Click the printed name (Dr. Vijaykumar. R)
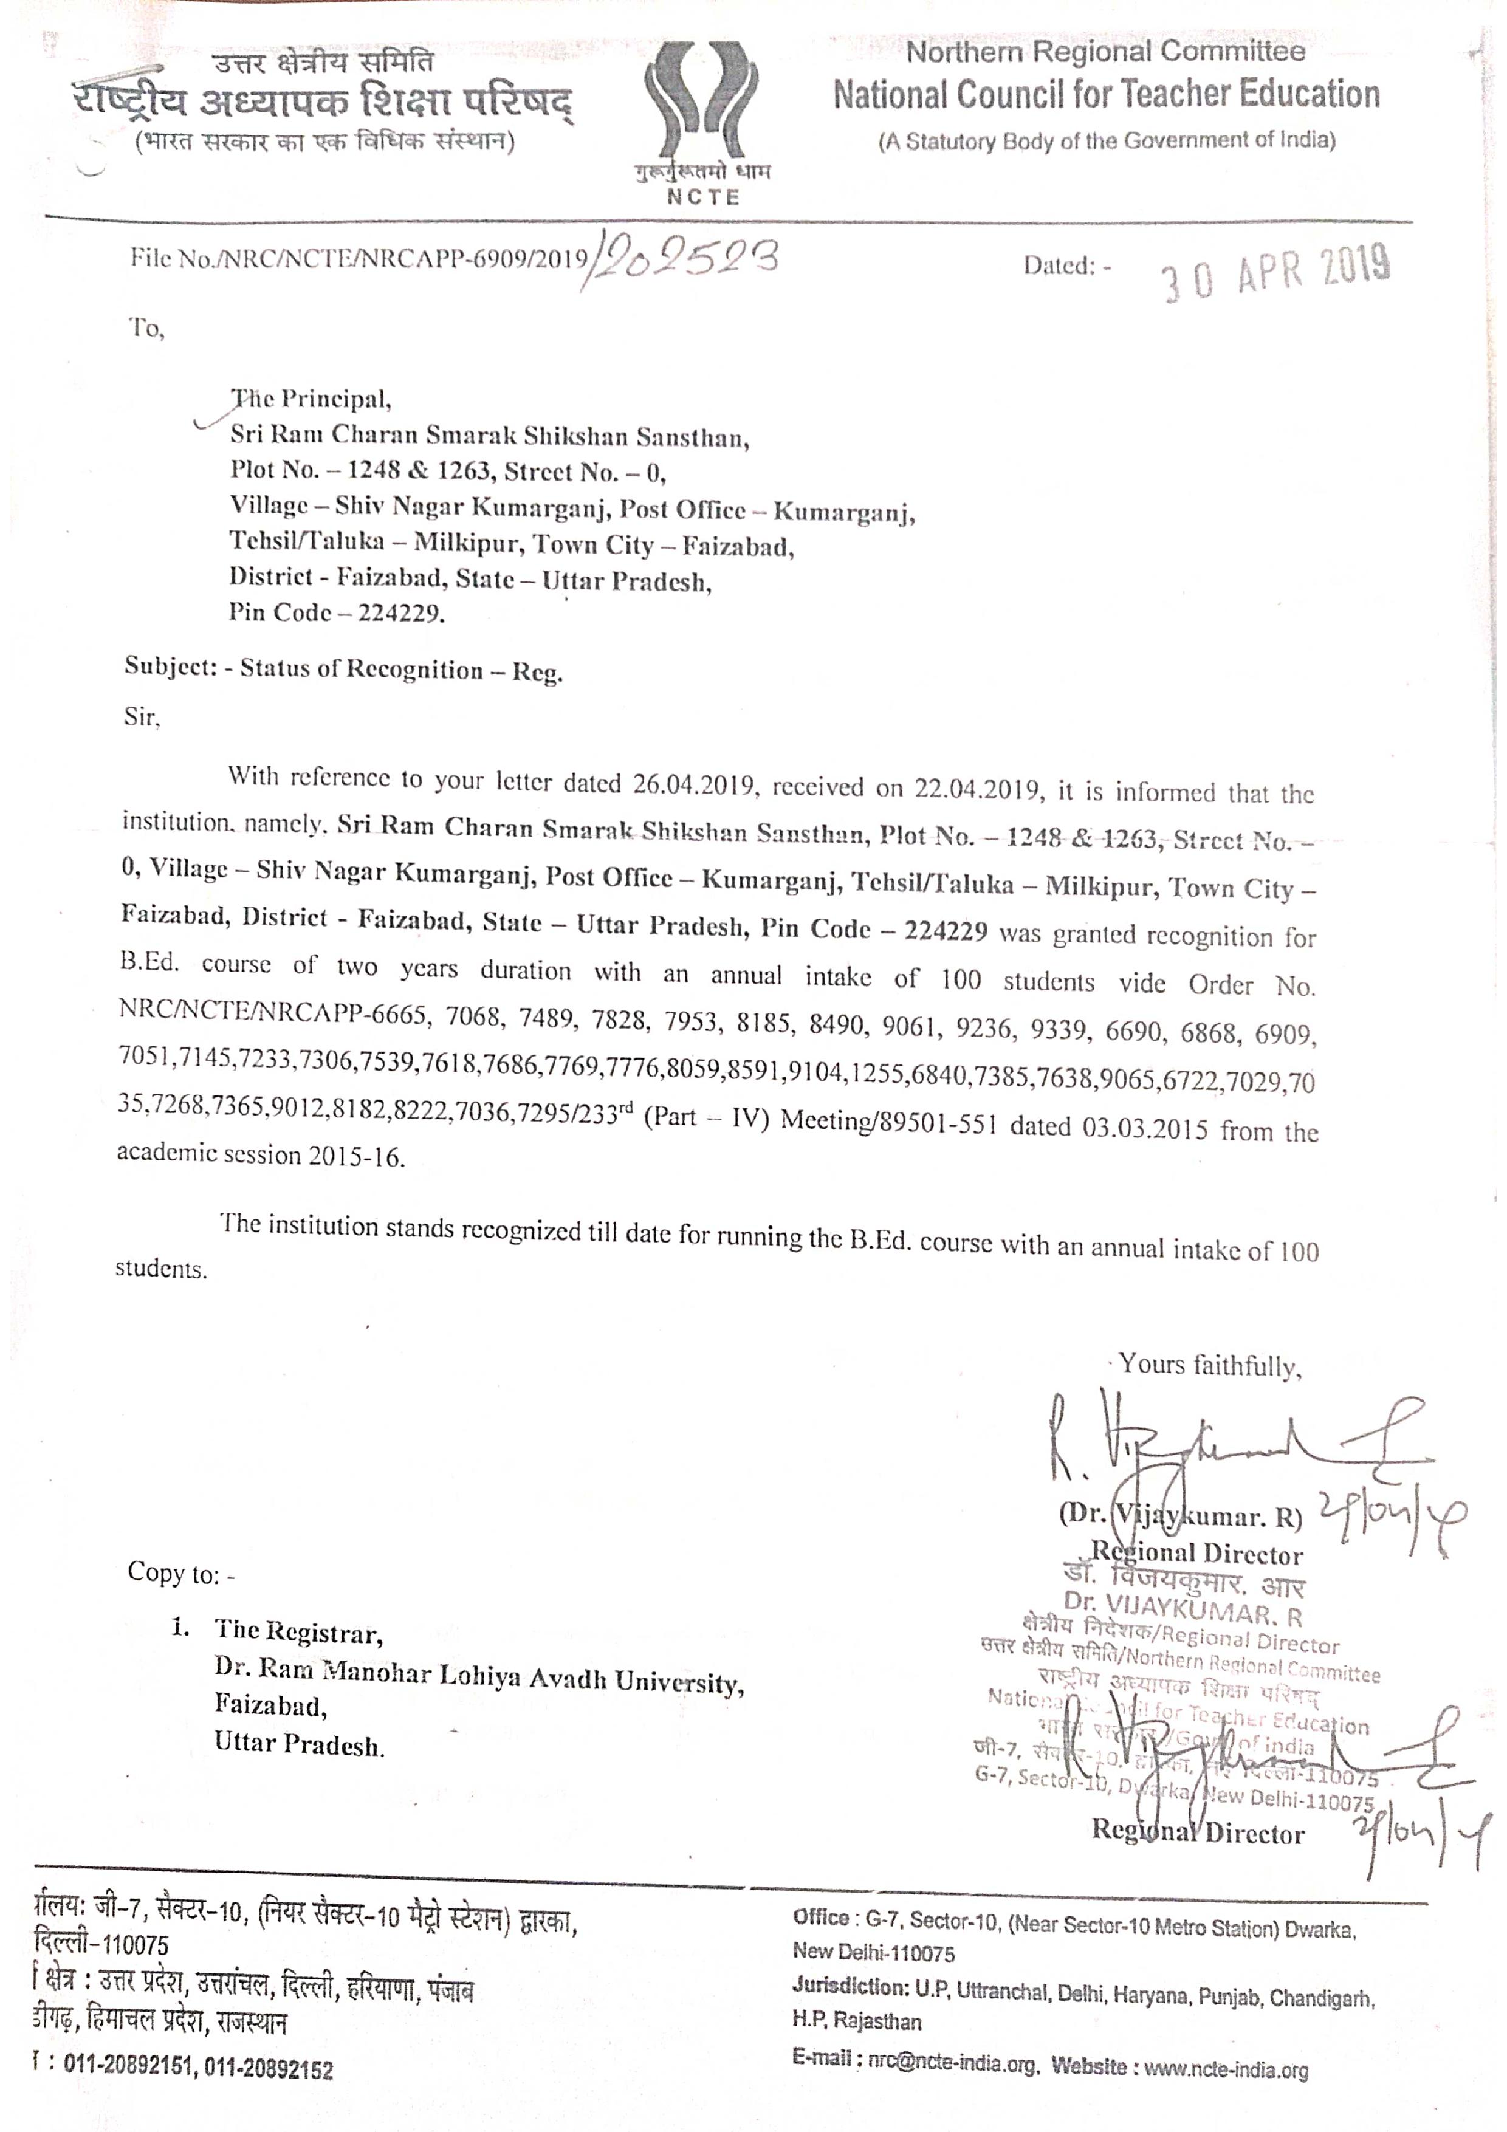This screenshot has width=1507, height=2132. coord(1180,1517)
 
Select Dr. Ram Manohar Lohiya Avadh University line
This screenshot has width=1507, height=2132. coord(478,1676)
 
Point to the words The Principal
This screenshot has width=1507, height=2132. coord(312,399)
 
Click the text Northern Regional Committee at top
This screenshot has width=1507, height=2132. coord(1105,52)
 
